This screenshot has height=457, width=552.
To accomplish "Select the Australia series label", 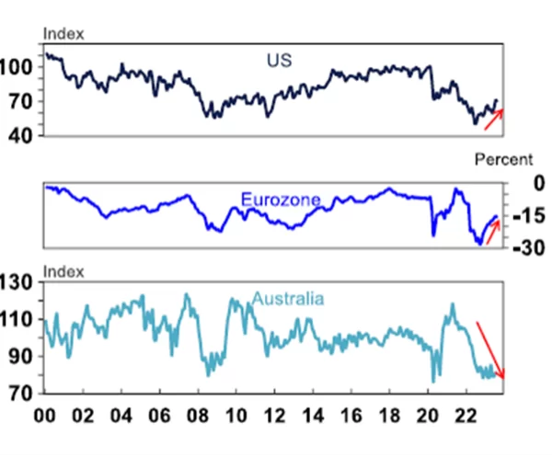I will point(287,300).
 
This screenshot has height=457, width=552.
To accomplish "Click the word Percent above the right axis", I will point(503,160).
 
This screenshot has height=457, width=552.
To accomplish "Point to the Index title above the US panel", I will point(64,34).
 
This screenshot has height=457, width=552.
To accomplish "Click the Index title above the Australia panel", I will point(64,271).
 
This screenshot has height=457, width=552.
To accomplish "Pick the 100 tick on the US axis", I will point(19,67).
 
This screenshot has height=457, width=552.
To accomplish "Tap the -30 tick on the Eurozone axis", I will point(519,248).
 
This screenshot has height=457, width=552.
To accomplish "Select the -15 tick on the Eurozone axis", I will point(519,216).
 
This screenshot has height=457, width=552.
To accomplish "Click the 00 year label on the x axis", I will point(43,415).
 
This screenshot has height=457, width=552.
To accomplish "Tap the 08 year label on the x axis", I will point(200,415).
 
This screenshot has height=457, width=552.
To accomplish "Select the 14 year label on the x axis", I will point(315,415).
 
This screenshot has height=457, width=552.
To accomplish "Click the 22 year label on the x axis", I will point(468,415).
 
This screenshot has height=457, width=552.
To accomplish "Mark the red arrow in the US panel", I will point(494,119).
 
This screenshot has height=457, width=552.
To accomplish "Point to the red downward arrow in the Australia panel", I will point(490,349).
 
